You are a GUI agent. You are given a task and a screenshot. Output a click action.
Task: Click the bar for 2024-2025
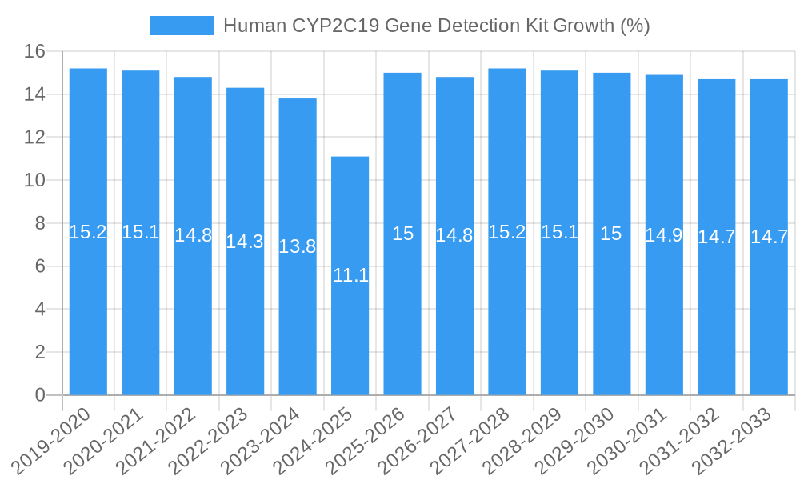click(350, 275)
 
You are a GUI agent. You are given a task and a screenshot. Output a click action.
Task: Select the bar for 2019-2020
click(88, 232)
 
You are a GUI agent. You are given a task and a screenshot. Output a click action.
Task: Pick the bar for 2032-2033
click(769, 237)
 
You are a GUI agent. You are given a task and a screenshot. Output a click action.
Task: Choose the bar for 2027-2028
click(507, 232)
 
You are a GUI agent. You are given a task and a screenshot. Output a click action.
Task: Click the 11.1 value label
click(350, 276)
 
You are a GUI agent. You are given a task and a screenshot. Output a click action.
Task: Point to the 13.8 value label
click(298, 246)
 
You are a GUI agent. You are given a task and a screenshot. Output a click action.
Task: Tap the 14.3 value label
click(245, 242)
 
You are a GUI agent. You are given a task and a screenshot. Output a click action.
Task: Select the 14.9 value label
click(664, 235)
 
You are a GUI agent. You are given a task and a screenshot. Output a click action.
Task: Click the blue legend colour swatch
click(182, 26)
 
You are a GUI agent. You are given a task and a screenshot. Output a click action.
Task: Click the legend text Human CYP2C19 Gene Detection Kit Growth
click(436, 26)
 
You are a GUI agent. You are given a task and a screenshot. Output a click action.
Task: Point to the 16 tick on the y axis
click(35, 52)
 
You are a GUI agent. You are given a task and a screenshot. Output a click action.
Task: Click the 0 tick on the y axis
click(41, 395)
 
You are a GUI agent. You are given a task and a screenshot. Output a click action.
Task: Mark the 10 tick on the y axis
click(35, 181)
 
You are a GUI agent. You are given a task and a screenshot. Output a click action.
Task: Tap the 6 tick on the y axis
click(41, 266)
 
